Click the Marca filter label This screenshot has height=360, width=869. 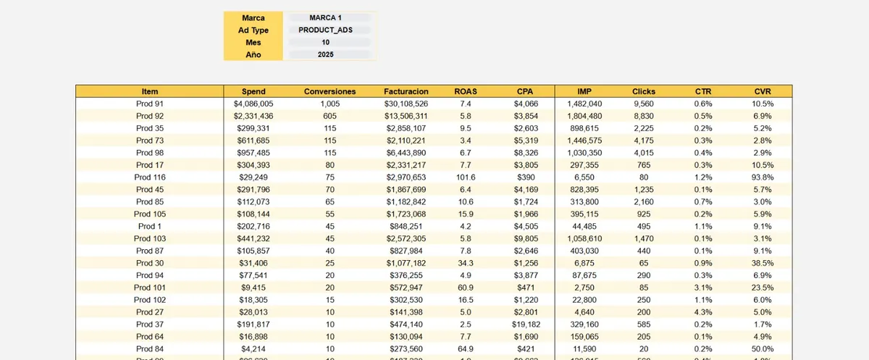pos(253,17)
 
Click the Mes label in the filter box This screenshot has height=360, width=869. pos(253,43)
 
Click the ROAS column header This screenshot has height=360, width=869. pos(466,91)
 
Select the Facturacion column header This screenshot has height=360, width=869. pos(406,91)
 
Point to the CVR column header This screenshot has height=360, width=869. pos(763,91)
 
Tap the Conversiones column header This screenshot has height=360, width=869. pos(329,91)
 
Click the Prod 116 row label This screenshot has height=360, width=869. pos(150,177)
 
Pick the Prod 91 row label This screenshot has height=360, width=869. pos(150,104)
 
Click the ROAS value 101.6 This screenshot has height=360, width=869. pos(466,177)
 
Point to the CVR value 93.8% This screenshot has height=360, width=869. pos(763,177)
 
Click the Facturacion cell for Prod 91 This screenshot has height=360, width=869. pos(406,104)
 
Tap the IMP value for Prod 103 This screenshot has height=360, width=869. pos(584,238)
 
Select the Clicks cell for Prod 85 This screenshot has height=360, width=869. pos(644,201)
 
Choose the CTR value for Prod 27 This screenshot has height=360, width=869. pos(702,312)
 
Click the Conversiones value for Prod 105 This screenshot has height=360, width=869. pos(329,214)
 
